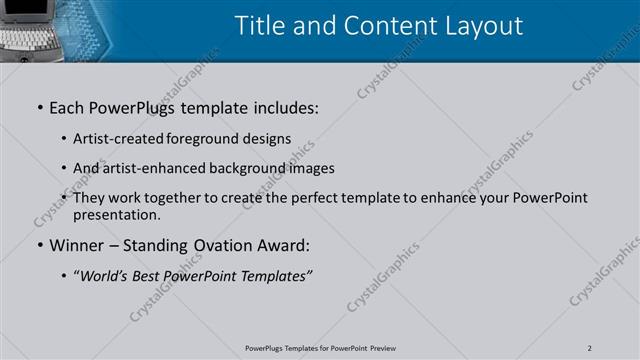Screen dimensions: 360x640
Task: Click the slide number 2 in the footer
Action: pyautogui.click(x=590, y=347)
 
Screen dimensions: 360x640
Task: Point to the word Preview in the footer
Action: pyautogui.click(x=381, y=347)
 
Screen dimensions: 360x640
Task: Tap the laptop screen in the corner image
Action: pyautogui.click(x=22, y=10)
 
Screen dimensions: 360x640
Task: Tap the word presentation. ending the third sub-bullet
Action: pyautogui.click(x=115, y=214)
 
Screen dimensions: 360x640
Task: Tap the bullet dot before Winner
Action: pyautogui.click(x=40, y=245)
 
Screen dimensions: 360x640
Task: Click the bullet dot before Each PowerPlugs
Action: pyautogui.click(x=40, y=107)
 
